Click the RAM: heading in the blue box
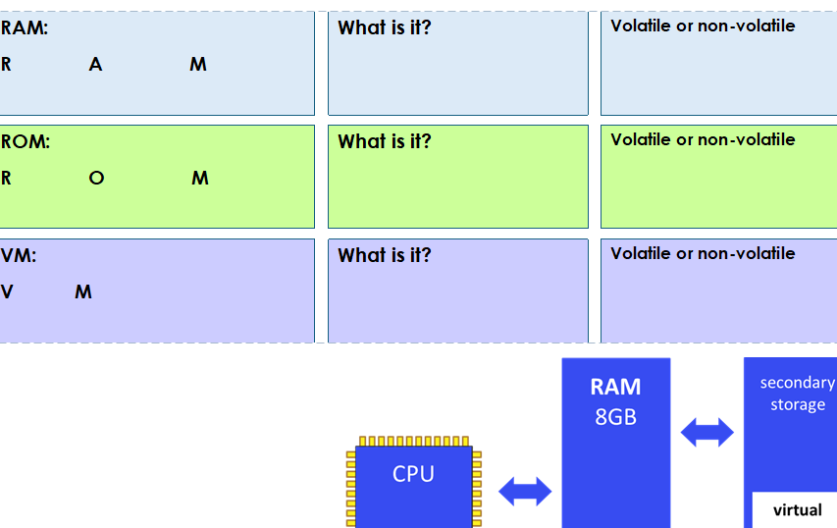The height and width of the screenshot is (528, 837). (x=24, y=28)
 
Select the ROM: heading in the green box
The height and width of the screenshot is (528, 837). (x=25, y=141)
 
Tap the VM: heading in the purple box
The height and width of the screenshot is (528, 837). (x=19, y=255)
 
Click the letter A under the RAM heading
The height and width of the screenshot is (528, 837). (x=95, y=65)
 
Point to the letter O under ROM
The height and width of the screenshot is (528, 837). (x=95, y=179)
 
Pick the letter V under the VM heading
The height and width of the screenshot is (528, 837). (x=7, y=292)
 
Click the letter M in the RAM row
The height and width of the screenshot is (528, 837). (x=198, y=65)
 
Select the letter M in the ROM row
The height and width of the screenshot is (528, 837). (x=200, y=179)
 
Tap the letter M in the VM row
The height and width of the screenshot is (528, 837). (x=83, y=292)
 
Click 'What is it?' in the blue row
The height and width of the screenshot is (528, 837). (x=385, y=27)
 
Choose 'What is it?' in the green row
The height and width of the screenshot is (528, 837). (x=385, y=141)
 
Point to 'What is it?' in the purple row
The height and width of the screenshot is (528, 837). (x=385, y=255)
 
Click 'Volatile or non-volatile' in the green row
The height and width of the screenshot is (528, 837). (x=703, y=139)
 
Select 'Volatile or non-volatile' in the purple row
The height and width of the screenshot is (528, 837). (x=703, y=253)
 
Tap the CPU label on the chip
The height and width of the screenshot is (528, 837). (x=413, y=474)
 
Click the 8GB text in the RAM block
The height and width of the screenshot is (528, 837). (x=615, y=417)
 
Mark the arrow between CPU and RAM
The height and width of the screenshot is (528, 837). (x=525, y=491)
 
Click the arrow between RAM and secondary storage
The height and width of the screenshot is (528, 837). (x=706, y=432)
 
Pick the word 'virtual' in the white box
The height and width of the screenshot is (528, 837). (x=797, y=510)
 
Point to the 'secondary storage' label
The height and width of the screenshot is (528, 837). (x=797, y=394)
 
